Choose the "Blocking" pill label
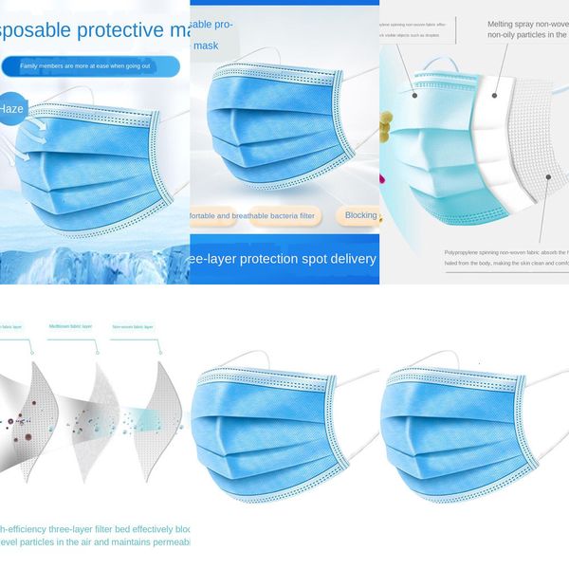(x=360, y=215)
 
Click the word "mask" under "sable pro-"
(x=207, y=45)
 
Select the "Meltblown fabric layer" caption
(x=71, y=326)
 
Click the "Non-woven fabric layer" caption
(x=132, y=326)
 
